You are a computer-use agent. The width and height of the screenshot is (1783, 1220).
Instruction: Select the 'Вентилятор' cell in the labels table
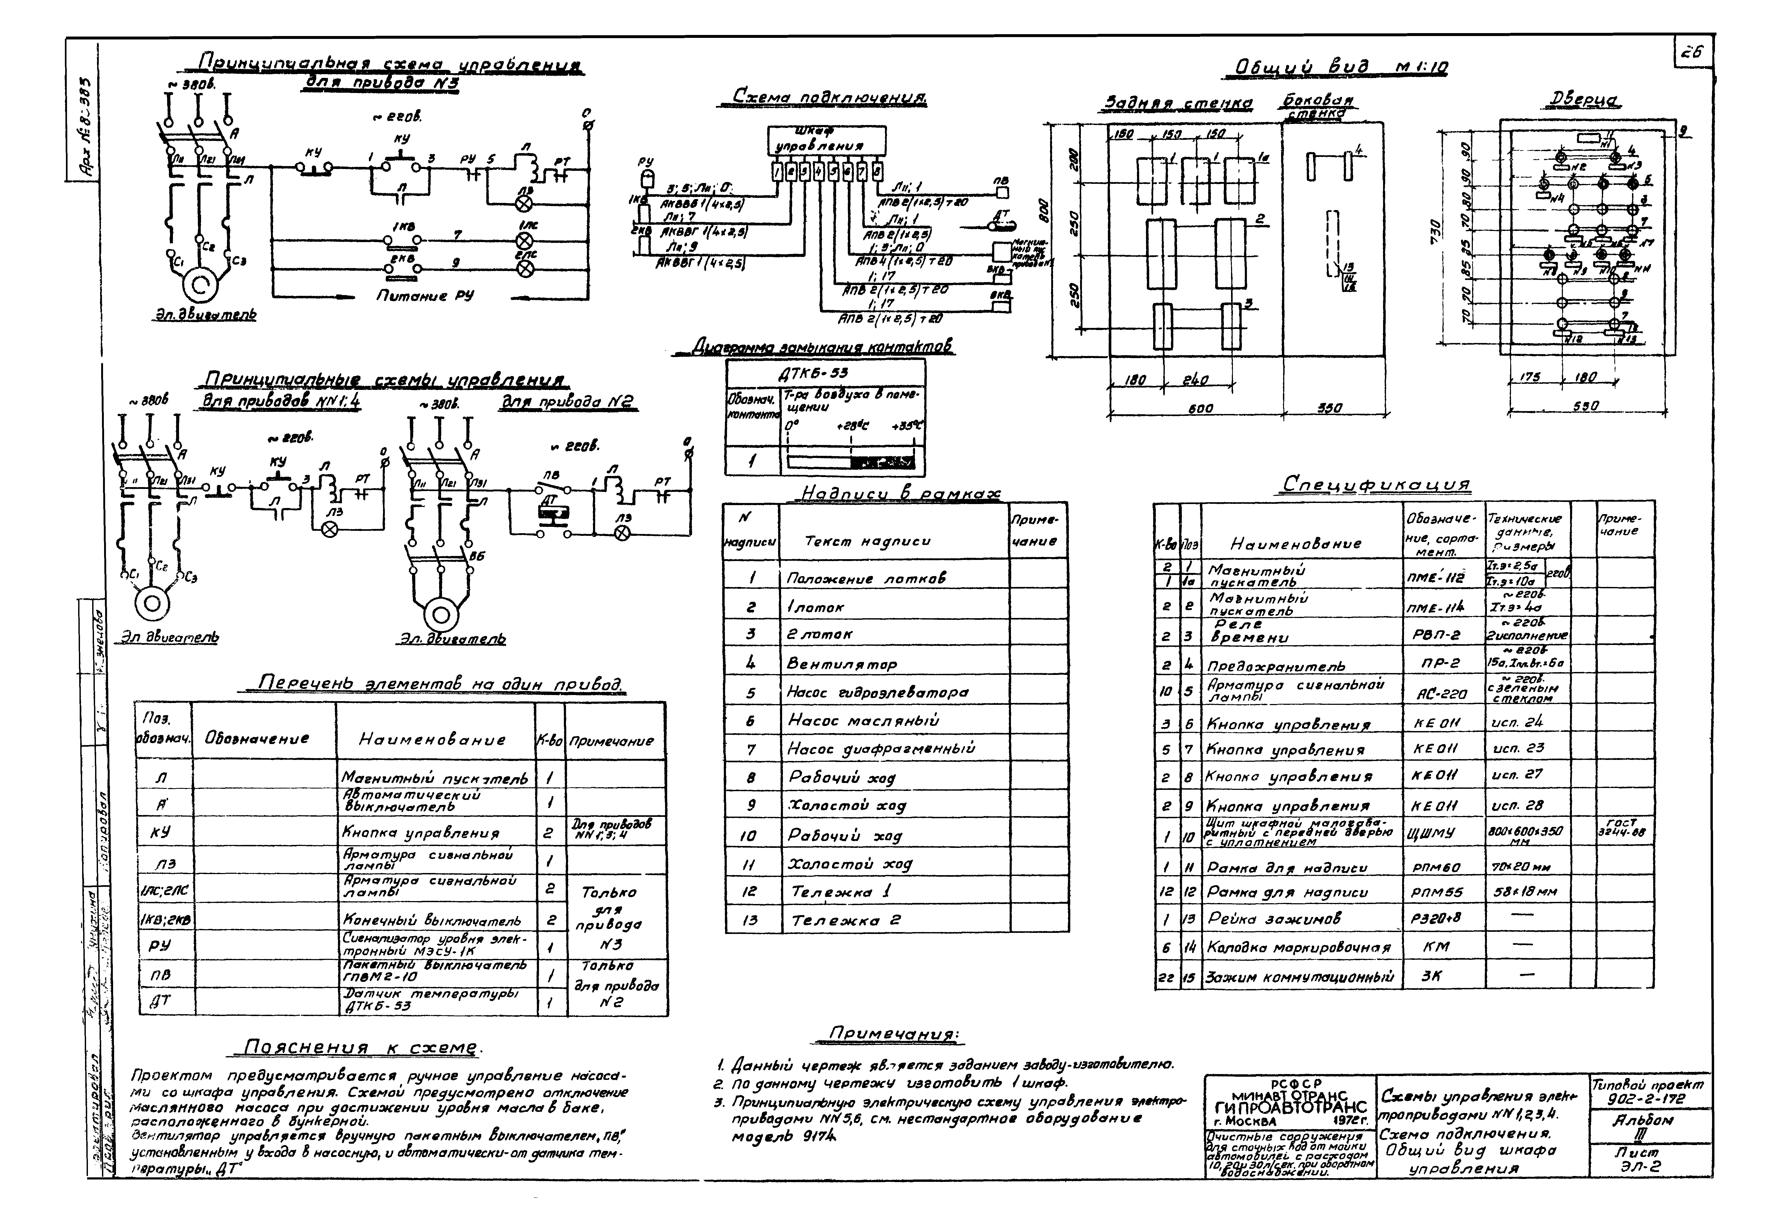(842, 663)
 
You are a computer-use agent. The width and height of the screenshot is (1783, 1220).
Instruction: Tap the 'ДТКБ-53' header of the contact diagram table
(825, 373)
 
